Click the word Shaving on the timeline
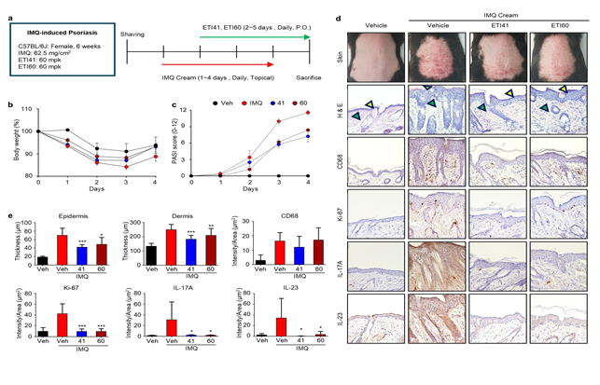(x=135, y=33)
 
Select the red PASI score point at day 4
(x=308, y=113)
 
